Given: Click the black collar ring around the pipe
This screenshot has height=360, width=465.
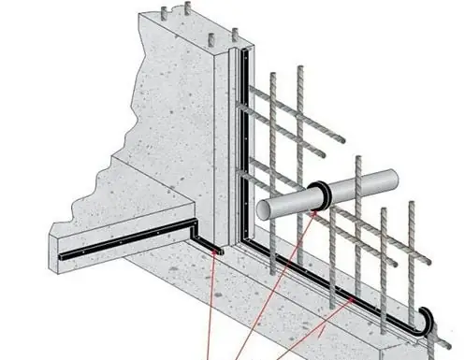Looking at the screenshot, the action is (x=320, y=193).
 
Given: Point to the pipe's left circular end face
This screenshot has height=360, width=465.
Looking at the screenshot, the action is (x=267, y=209).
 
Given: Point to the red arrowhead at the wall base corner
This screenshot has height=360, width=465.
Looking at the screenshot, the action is (x=219, y=251).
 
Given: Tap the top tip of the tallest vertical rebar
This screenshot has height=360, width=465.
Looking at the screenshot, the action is (x=301, y=68).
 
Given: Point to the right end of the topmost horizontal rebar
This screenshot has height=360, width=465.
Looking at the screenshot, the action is (x=342, y=140).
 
